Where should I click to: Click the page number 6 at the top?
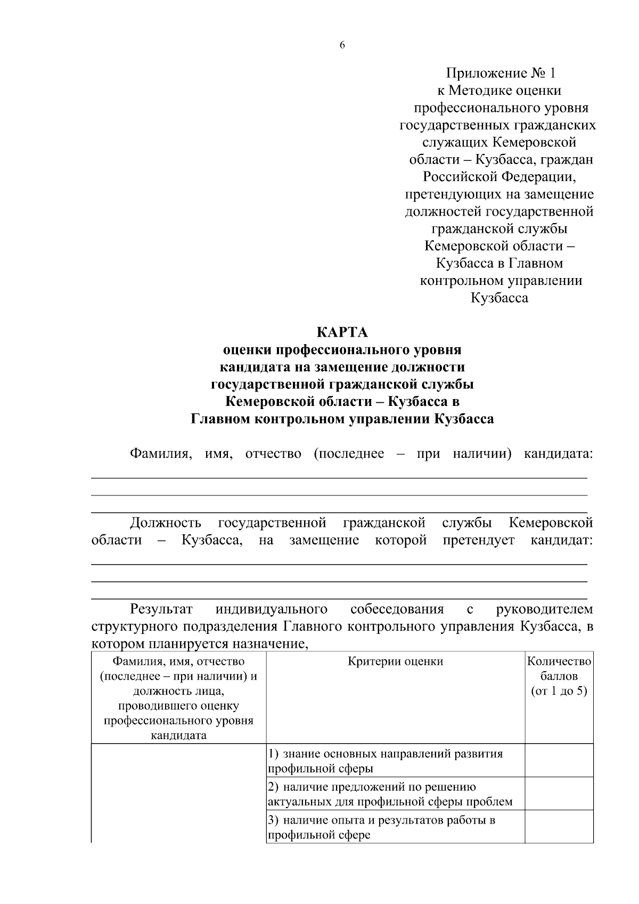(342, 46)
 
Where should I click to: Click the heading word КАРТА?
(342, 333)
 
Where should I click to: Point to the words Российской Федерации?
(499, 176)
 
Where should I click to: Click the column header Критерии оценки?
(395, 662)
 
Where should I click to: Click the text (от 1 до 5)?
(559, 691)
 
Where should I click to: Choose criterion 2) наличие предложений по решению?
(373, 787)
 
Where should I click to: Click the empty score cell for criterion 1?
(559, 761)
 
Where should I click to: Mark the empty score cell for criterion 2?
(559, 794)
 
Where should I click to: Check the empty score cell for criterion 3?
(559, 827)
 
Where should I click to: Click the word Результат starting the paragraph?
(161, 609)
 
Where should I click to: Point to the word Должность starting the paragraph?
(166, 523)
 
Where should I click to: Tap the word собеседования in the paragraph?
(397, 609)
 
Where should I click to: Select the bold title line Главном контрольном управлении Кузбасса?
(342, 419)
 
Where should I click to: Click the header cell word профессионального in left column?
(178, 721)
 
